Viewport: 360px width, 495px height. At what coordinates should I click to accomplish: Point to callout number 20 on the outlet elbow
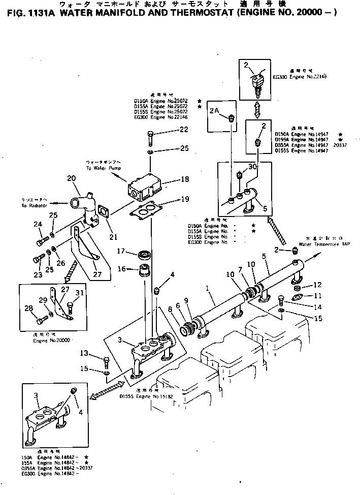pos(71,178)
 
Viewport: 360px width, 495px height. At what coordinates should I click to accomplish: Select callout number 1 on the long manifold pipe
pos(207,288)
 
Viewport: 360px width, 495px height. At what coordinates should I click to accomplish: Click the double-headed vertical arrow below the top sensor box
pos(257,109)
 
